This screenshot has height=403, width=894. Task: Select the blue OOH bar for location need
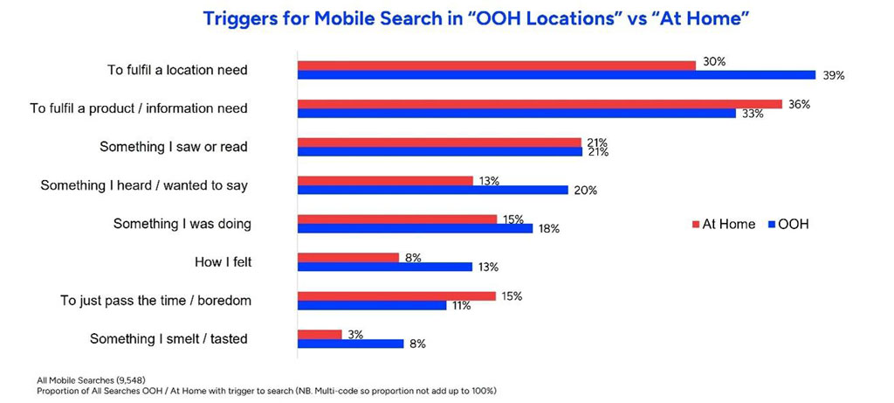coord(556,75)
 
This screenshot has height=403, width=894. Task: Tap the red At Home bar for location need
coord(496,65)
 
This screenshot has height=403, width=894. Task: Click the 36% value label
coord(799,103)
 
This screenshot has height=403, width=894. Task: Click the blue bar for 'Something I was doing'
coord(415,228)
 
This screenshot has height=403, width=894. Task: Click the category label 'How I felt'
coord(222,261)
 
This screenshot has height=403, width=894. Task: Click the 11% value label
coord(462,306)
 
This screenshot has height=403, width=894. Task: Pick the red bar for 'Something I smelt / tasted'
coord(320,334)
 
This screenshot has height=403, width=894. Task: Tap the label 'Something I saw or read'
coord(174,147)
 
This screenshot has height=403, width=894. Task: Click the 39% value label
coord(833,76)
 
